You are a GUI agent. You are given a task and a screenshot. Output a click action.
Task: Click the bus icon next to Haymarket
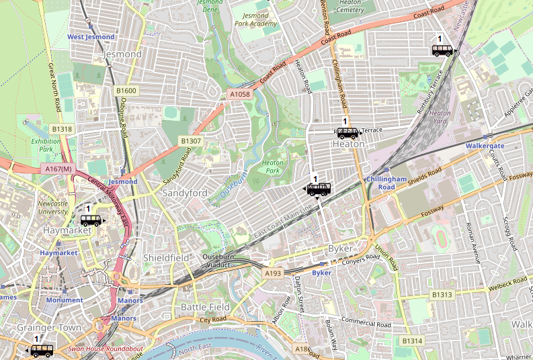tap(91, 220)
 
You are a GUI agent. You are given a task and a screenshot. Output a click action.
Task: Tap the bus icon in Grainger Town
tap(42, 350)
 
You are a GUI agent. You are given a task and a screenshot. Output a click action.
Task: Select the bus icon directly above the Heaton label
tap(348, 132)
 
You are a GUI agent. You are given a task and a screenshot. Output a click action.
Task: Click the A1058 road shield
tap(240, 95)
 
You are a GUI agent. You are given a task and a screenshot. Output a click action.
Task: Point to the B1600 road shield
tap(126, 90)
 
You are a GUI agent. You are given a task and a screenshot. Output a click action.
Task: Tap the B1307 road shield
tap(190, 140)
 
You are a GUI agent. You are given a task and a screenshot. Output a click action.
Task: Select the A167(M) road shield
tap(58, 169)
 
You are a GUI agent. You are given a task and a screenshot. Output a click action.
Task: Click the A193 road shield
tap(273, 274)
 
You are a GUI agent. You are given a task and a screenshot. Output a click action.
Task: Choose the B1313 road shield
tap(442, 294)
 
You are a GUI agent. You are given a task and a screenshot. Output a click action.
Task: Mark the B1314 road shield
tap(412, 341)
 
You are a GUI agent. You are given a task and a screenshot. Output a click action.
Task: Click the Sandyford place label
tap(185, 193)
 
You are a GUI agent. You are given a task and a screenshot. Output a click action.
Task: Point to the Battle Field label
tap(206, 307)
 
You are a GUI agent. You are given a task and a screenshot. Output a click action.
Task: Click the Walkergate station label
tap(485, 145)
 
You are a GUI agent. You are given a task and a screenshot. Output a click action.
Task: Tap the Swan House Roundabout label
tap(105, 349)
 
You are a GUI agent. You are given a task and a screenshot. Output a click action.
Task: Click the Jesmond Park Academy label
tap(255, 19)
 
